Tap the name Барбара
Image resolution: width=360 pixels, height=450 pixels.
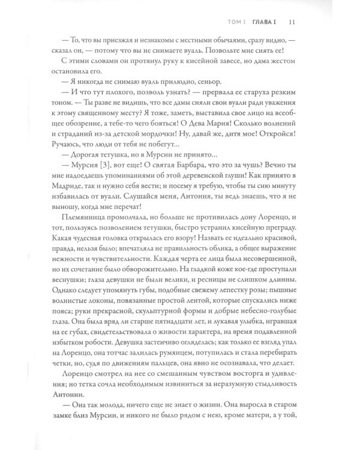pyautogui.click(x=193, y=181)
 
